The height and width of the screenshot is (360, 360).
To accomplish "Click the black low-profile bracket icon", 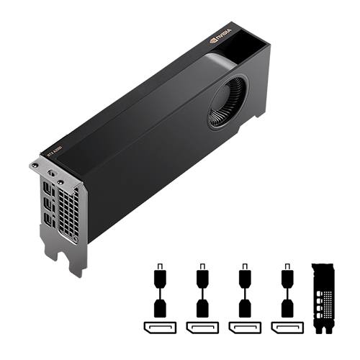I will pos(325,299).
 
